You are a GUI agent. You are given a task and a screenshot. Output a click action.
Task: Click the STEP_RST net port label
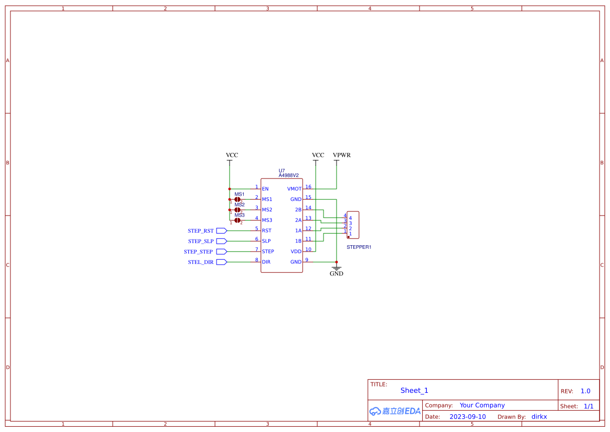click(x=201, y=231)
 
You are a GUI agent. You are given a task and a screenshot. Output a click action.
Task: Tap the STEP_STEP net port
click(x=198, y=251)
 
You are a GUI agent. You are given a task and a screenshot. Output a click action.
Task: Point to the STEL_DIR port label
click(x=201, y=262)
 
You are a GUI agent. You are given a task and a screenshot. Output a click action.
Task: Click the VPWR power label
click(x=342, y=155)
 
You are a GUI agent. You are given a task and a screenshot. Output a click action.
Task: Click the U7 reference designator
click(x=282, y=171)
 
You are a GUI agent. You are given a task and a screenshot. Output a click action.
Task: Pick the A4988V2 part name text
click(x=289, y=175)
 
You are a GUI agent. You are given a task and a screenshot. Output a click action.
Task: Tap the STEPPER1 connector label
click(x=359, y=247)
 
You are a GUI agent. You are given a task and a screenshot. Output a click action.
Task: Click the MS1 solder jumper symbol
click(x=237, y=199)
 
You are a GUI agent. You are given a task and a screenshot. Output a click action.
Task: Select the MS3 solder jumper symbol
click(x=237, y=220)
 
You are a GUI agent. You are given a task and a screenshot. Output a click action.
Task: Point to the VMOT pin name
click(x=294, y=189)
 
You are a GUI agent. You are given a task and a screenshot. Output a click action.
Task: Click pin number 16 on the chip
click(x=308, y=187)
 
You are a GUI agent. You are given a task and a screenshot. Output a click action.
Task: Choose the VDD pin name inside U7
click(x=296, y=251)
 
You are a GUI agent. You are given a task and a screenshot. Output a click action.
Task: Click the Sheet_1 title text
click(x=414, y=390)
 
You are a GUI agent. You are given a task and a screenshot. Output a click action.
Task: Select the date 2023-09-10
click(x=468, y=417)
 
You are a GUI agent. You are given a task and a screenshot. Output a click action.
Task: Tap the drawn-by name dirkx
click(x=539, y=417)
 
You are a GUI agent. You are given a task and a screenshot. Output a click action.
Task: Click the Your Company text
click(x=482, y=405)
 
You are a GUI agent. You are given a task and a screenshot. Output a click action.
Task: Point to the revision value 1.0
click(x=585, y=391)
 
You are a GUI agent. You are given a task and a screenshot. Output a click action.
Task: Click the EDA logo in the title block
click(x=395, y=411)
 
